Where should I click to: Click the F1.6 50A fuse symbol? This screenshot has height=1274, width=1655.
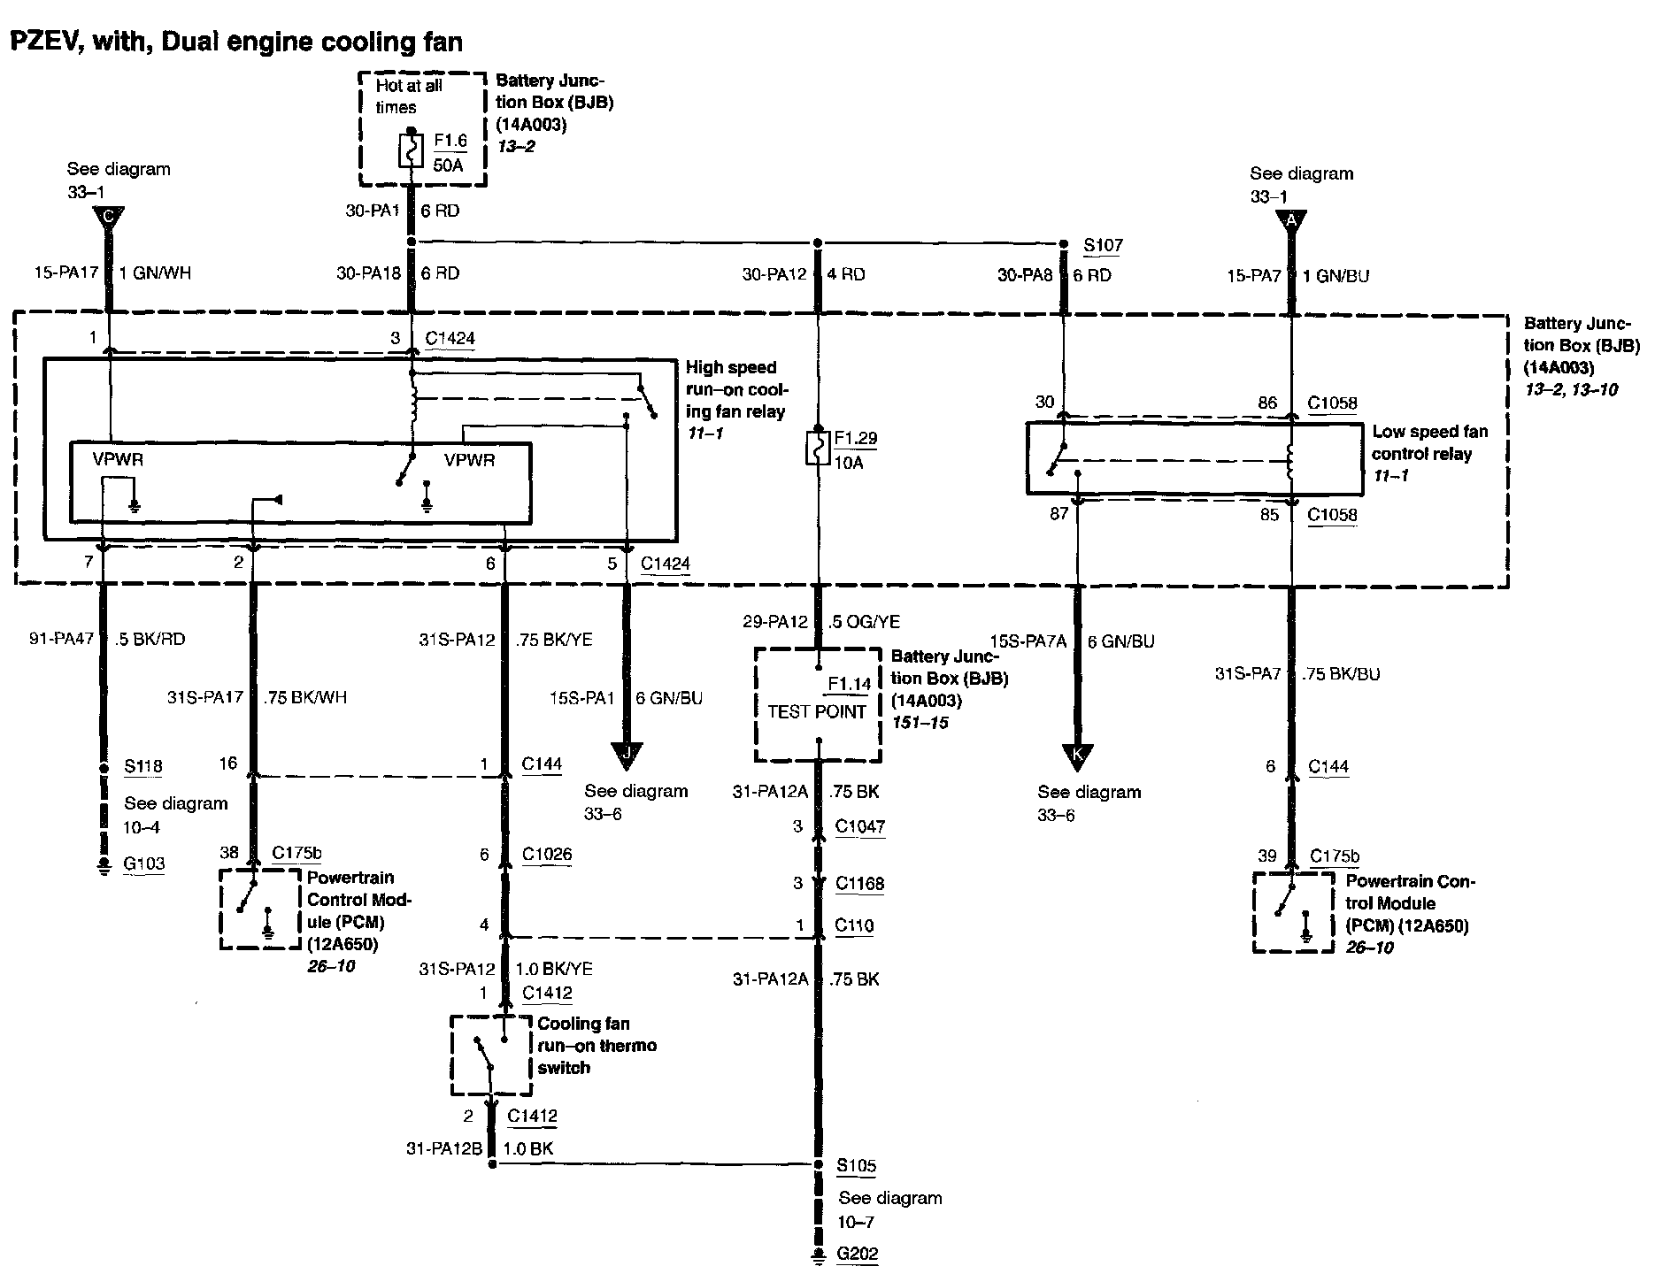click(410, 152)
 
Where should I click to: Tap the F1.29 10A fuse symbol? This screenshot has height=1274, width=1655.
click(818, 449)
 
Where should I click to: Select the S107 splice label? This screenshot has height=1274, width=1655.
click(1102, 244)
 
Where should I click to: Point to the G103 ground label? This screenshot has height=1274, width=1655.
click(144, 863)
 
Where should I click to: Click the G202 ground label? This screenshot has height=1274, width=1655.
click(858, 1253)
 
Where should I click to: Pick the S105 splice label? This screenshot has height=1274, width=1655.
click(857, 1165)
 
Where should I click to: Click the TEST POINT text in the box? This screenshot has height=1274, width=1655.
click(817, 711)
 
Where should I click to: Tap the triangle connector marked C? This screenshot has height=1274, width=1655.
click(108, 219)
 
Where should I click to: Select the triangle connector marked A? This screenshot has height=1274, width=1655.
click(1291, 221)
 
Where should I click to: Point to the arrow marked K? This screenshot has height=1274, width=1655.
click(1077, 757)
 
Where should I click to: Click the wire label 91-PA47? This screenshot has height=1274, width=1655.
click(60, 639)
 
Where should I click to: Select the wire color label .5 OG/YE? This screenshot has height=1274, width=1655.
click(863, 621)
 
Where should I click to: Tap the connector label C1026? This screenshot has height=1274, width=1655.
click(547, 854)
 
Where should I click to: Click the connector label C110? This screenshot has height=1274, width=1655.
click(854, 925)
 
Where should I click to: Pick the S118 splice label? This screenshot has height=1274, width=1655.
click(143, 766)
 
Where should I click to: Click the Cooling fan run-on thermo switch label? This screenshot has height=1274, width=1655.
click(597, 1046)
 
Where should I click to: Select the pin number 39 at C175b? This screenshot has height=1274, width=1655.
click(1267, 856)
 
